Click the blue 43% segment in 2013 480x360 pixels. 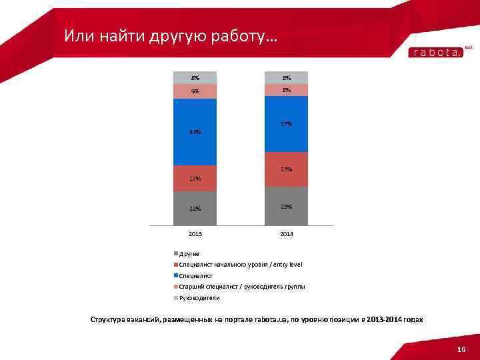point(195,131)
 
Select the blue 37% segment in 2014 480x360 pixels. point(286,124)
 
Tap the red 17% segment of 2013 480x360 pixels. point(195,178)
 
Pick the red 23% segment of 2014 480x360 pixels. point(286,169)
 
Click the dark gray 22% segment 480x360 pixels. point(195,209)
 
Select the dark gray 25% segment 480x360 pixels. point(286,207)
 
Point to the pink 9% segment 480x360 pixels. point(195,91)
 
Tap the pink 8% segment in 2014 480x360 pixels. point(286,90)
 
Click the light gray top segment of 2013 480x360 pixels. point(195,78)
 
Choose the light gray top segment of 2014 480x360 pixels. point(286,78)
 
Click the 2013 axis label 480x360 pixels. point(195,235)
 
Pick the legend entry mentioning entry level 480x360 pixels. point(241,265)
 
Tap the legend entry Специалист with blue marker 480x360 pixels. point(196,275)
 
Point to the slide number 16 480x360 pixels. point(461,350)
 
